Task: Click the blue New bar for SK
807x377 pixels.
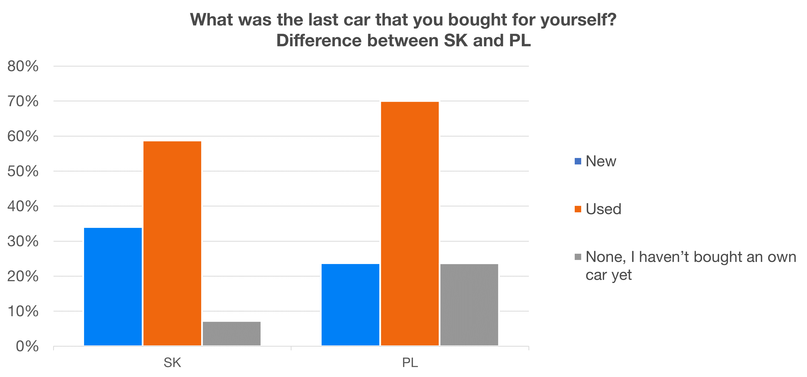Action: (113, 287)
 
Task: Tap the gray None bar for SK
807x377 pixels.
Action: (232, 333)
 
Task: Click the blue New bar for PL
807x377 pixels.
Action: (350, 305)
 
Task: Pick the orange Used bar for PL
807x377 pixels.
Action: (410, 224)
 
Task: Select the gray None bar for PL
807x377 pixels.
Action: (469, 305)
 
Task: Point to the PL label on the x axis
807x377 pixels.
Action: (410, 363)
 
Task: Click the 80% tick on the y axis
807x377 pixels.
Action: (23, 66)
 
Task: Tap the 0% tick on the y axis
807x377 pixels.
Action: (27, 346)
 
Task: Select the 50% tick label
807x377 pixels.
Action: (23, 171)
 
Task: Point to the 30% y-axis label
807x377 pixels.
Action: (23, 242)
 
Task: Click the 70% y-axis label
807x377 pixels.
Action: (23, 101)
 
